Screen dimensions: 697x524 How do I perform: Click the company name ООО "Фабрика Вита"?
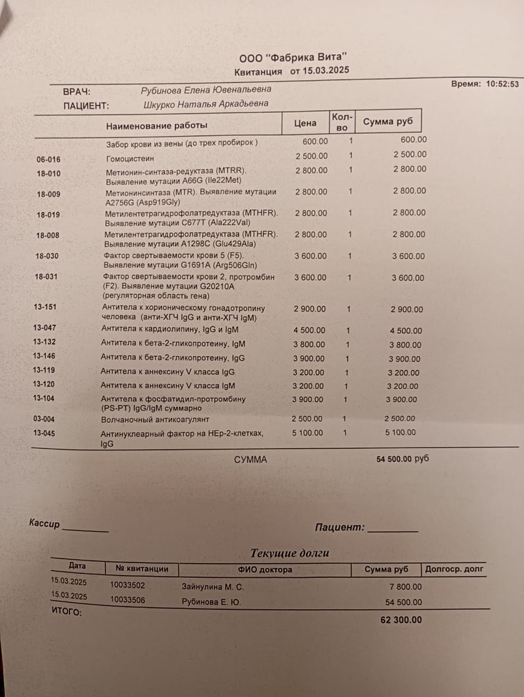pos(293,59)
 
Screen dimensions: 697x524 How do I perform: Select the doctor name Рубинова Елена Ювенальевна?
pos(206,90)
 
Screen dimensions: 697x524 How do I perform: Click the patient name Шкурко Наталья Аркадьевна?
pos(205,105)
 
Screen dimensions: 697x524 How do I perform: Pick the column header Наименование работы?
pos(157,126)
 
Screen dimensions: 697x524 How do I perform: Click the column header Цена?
pos(305,123)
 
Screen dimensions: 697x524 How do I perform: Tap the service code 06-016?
pos(49,160)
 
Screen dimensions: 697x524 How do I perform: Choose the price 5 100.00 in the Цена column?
pos(307,433)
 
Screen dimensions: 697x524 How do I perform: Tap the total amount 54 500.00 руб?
pos(402,459)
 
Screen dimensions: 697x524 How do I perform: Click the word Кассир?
pos(45,523)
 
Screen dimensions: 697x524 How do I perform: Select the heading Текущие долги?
pos(289,553)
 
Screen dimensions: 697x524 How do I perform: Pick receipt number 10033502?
pos(128,585)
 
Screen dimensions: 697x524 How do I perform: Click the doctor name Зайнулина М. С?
pos(213,587)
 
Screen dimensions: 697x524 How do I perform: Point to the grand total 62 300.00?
pos(401,620)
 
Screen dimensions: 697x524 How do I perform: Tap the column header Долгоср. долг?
pos(454,569)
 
